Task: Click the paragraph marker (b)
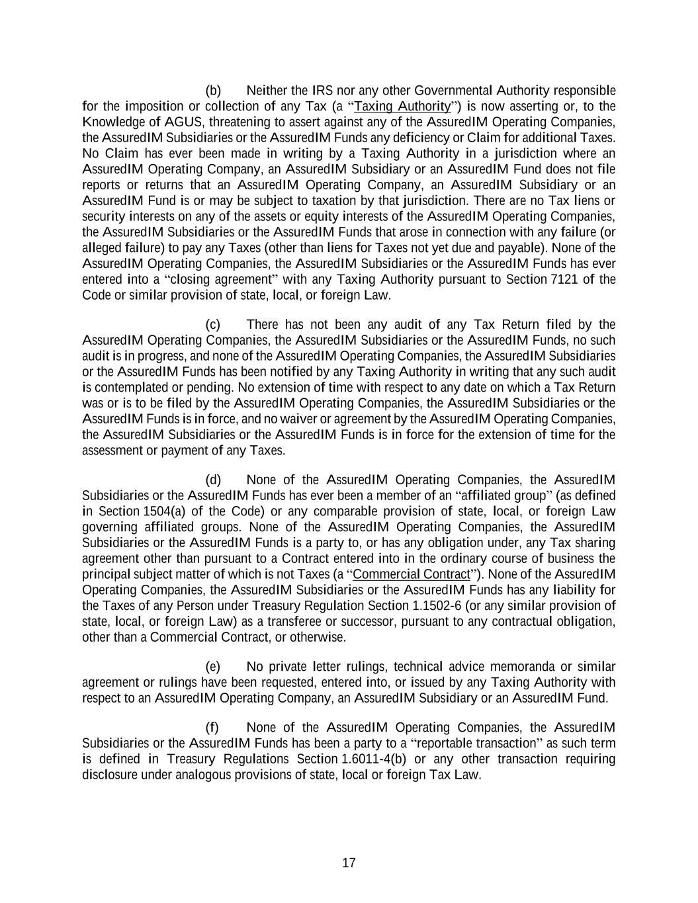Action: click(x=213, y=91)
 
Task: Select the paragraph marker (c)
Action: click(x=213, y=325)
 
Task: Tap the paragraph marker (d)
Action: click(x=213, y=480)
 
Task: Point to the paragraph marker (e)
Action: click(x=213, y=667)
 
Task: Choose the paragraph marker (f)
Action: click(x=212, y=728)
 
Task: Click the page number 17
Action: click(x=349, y=863)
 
